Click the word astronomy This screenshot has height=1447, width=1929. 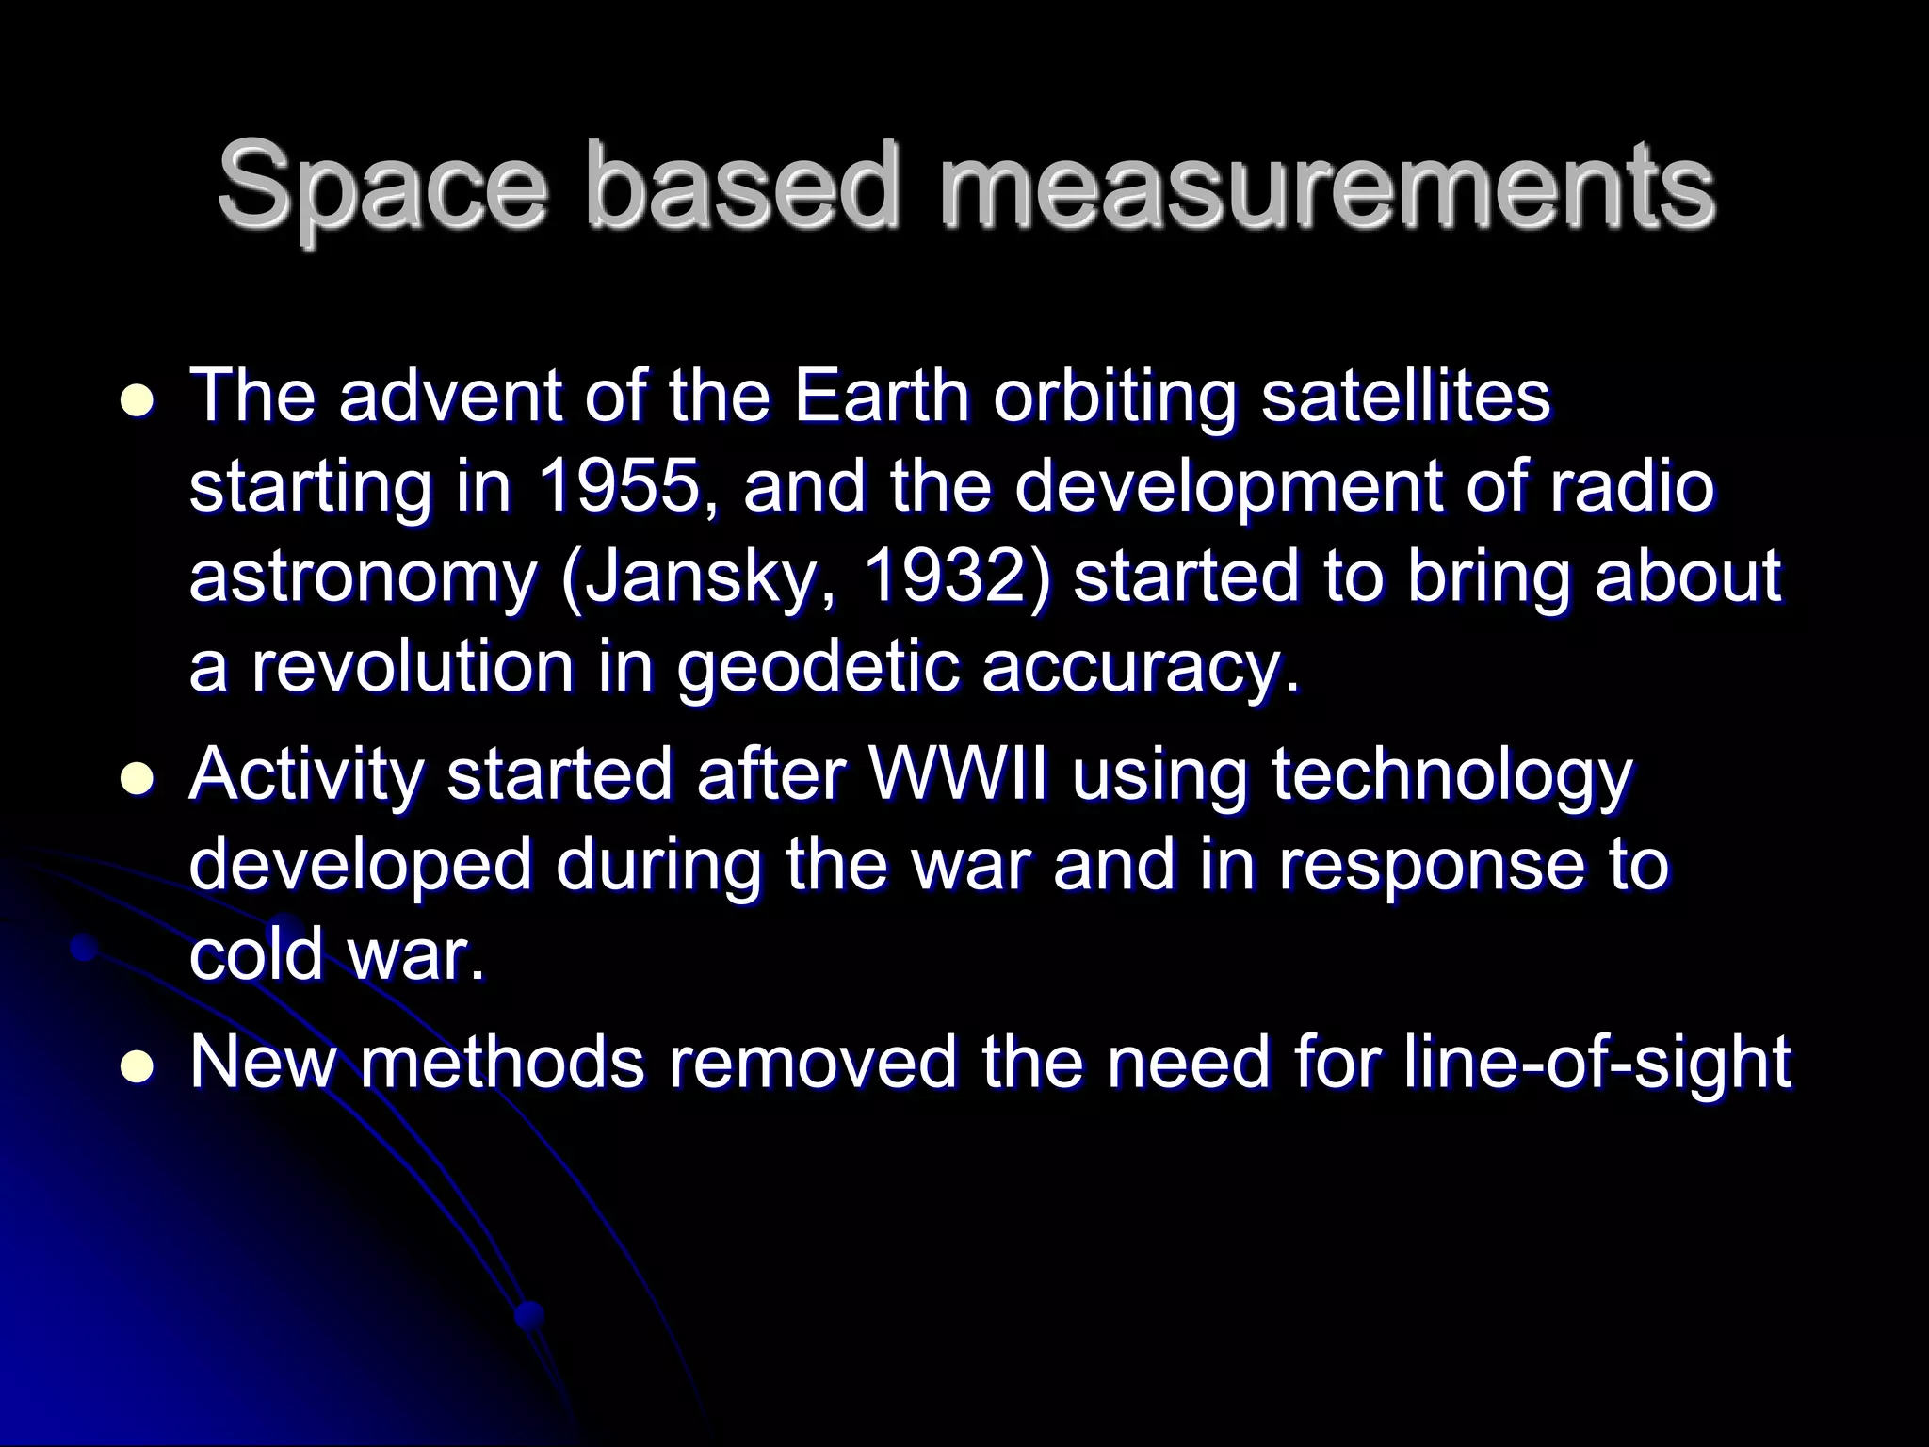[363, 577]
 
